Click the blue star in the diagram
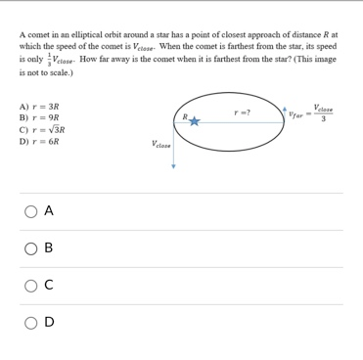[x=194, y=121]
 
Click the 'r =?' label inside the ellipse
[x=242, y=112]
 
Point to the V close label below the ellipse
[x=161, y=144]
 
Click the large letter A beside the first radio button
[x=49, y=211]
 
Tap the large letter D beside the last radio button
[x=49, y=320]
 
